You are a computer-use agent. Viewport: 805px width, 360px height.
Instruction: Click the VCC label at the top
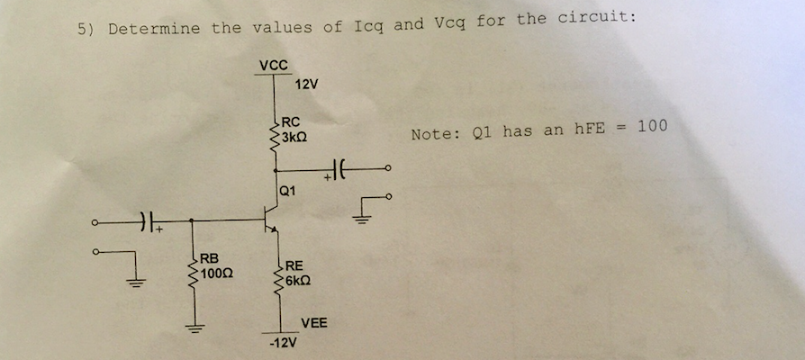273,65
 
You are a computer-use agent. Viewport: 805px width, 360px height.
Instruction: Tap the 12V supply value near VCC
306,85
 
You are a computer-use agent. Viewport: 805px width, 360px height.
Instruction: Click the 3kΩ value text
294,139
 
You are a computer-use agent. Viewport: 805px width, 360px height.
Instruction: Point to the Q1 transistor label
287,190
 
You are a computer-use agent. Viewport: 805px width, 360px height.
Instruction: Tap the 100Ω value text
217,273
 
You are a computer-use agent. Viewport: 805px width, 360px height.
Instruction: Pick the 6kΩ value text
297,280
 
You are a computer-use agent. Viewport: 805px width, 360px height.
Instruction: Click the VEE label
314,322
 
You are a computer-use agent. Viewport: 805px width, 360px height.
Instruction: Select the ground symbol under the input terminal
136,281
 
